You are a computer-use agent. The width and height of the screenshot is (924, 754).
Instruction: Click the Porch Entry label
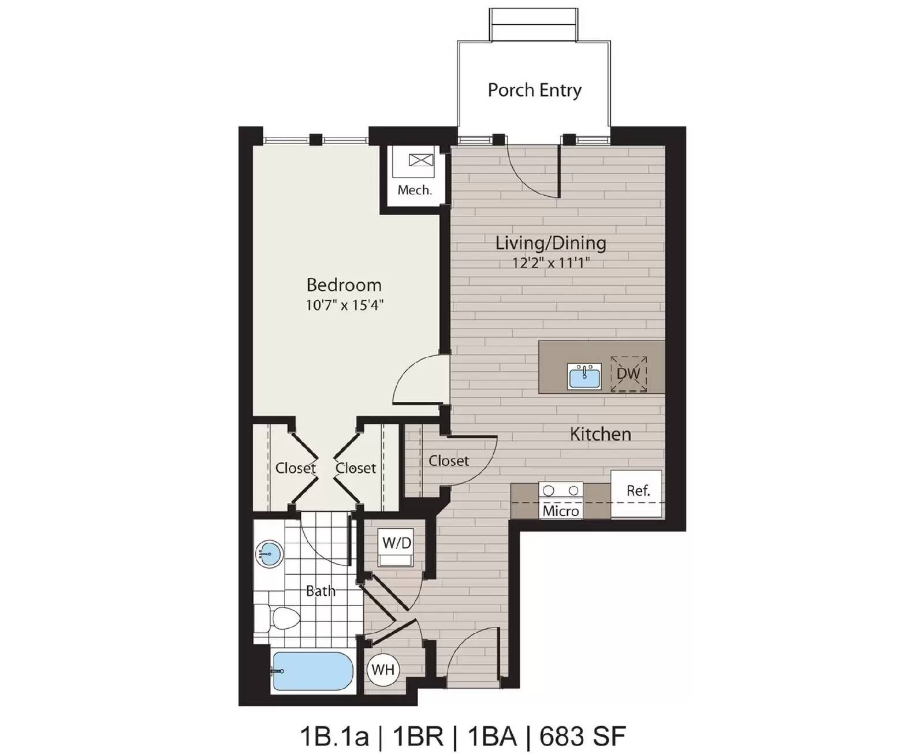coord(534,90)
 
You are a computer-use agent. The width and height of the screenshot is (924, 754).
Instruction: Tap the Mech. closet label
coord(414,190)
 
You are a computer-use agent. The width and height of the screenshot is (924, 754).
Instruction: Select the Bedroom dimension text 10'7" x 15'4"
coord(344,305)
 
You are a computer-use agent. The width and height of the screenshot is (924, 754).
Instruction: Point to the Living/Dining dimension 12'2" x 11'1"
coord(550,263)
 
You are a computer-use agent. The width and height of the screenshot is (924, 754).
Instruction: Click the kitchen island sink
coord(584,376)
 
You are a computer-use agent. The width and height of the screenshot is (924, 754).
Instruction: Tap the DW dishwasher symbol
coord(628,374)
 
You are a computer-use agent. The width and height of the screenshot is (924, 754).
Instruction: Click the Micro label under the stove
coord(560,511)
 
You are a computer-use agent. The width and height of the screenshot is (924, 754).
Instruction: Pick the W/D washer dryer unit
coord(396,548)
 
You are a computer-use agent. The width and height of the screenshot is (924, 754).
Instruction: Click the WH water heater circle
coord(383,670)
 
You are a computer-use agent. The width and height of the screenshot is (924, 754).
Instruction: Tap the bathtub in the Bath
coord(312,671)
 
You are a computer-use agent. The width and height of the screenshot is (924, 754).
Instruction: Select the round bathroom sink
coord(269,554)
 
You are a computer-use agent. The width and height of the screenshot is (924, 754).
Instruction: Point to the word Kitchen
coord(600,434)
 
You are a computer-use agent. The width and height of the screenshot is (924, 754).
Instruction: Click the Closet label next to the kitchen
coord(448,461)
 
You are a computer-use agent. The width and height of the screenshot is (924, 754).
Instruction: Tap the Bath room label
coord(320,591)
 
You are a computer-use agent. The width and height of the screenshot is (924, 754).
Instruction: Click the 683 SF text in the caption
coord(582,736)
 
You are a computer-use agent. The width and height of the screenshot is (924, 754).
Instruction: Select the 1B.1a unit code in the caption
coord(334,736)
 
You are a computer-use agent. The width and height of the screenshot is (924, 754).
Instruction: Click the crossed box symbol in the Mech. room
coord(420,160)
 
